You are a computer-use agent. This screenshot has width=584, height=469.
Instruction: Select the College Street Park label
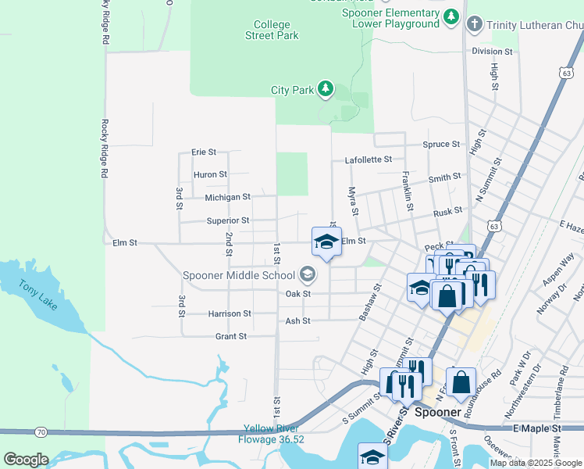tap(272, 30)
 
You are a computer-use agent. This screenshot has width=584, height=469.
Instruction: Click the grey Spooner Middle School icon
tap(308, 274)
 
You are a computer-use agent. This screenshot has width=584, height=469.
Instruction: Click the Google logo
tap(26, 460)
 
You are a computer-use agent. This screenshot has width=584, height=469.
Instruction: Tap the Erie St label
tap(204, 152)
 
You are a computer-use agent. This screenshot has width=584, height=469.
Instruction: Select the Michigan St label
tap(227, 198)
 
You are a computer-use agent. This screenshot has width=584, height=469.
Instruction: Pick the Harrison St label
tap(230, 313)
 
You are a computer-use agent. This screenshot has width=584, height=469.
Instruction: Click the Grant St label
tap(231, 336)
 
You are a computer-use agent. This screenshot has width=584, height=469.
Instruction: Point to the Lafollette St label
tap(369, 160)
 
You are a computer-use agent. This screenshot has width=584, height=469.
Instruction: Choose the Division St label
tap(491, 52)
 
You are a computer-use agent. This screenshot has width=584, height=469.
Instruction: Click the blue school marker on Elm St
tap(326, 242)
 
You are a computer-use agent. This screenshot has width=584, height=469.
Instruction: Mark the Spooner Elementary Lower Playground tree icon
tap(450, 16)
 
